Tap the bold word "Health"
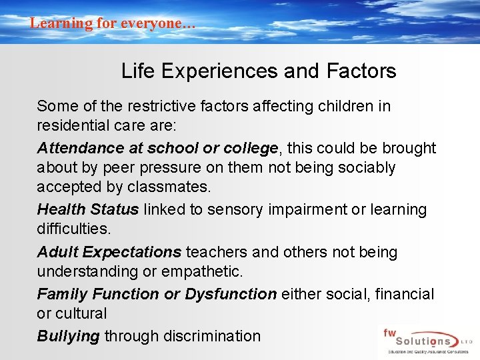59,209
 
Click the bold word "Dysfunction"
231,294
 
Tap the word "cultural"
81,313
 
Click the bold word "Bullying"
68,336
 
